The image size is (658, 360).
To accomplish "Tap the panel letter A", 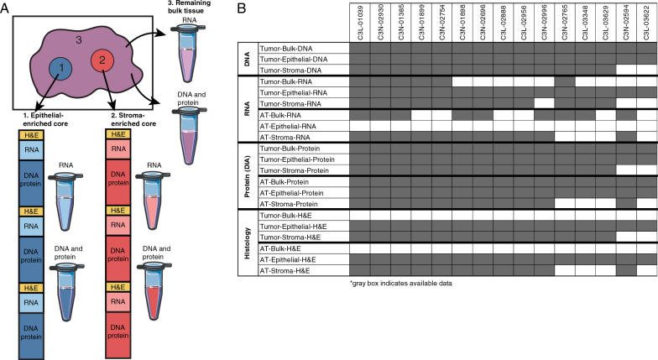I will [7, 8].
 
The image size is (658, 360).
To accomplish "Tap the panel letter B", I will [242, 8].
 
